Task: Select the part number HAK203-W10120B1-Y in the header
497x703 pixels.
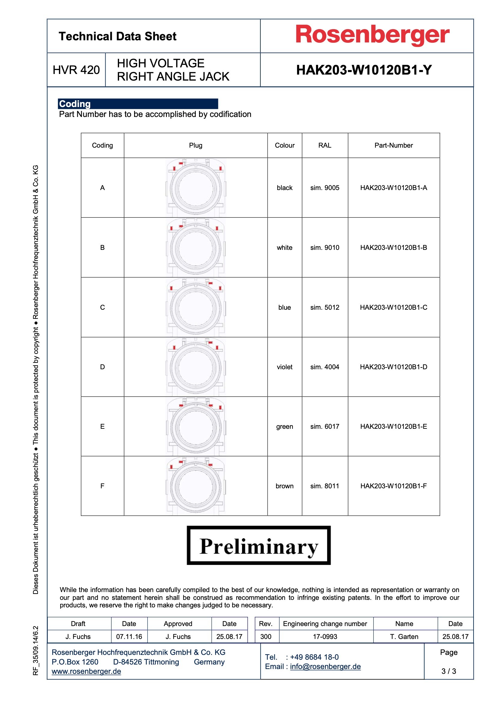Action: [x=364, y=70]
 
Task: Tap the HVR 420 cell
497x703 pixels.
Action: [x=76, y=70]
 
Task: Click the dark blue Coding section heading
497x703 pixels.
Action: [x=138, y=104]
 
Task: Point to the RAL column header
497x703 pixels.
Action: [x=325, y=146]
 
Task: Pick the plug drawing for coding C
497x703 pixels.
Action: [x=196, y=307]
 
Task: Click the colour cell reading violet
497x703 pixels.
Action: [x=284, y=367]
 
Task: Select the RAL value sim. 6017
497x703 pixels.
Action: [x=325, y=426]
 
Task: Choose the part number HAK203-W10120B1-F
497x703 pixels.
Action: [x=394, y=486]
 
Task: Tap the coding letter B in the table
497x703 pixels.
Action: [x=102, y=247]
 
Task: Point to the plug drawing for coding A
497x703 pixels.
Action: [x=196, y=188]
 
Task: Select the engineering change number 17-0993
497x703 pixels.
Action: [x=325, y=637]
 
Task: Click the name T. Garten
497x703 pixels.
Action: [x=404, y=637]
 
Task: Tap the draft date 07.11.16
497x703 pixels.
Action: [x=129, y=637]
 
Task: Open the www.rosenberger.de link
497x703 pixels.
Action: [x=86, y=671]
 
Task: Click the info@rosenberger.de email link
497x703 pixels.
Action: [x=325, y=667]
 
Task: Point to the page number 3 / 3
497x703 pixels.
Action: [x=449, y=671]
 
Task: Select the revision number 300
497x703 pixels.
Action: [x=265, y=637]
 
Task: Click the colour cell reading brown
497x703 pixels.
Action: [x=284, y=486]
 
